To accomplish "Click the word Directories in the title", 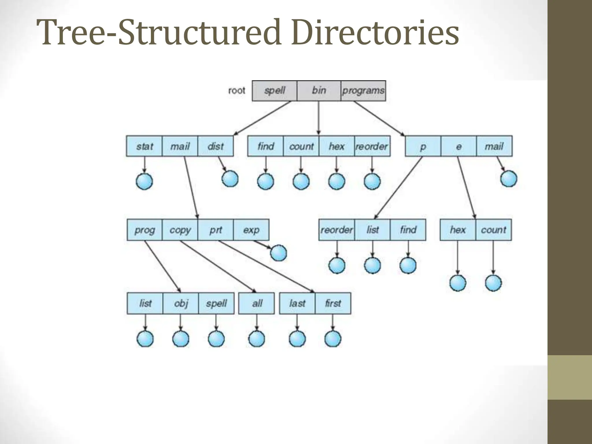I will [375, 32].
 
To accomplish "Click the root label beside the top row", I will [236, 91].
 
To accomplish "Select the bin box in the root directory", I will [319, 91].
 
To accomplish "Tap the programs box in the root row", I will [363, 91].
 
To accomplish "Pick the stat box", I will [144, 146].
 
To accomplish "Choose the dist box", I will [215, 146].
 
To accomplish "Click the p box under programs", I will [423, 146].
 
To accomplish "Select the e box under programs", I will [458, 146].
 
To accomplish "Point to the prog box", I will [145, 230].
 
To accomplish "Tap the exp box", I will [251, 230].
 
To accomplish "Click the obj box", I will [181, 303].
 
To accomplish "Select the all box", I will [257, 303].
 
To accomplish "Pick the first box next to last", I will [333, 303].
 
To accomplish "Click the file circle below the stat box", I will [144, 181].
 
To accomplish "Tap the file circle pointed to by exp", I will [279, 253].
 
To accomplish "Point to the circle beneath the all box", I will [257, 338].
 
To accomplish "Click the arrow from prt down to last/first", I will [266, 266].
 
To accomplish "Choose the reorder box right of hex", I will [372, 146].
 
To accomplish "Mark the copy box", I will [180, 230].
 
